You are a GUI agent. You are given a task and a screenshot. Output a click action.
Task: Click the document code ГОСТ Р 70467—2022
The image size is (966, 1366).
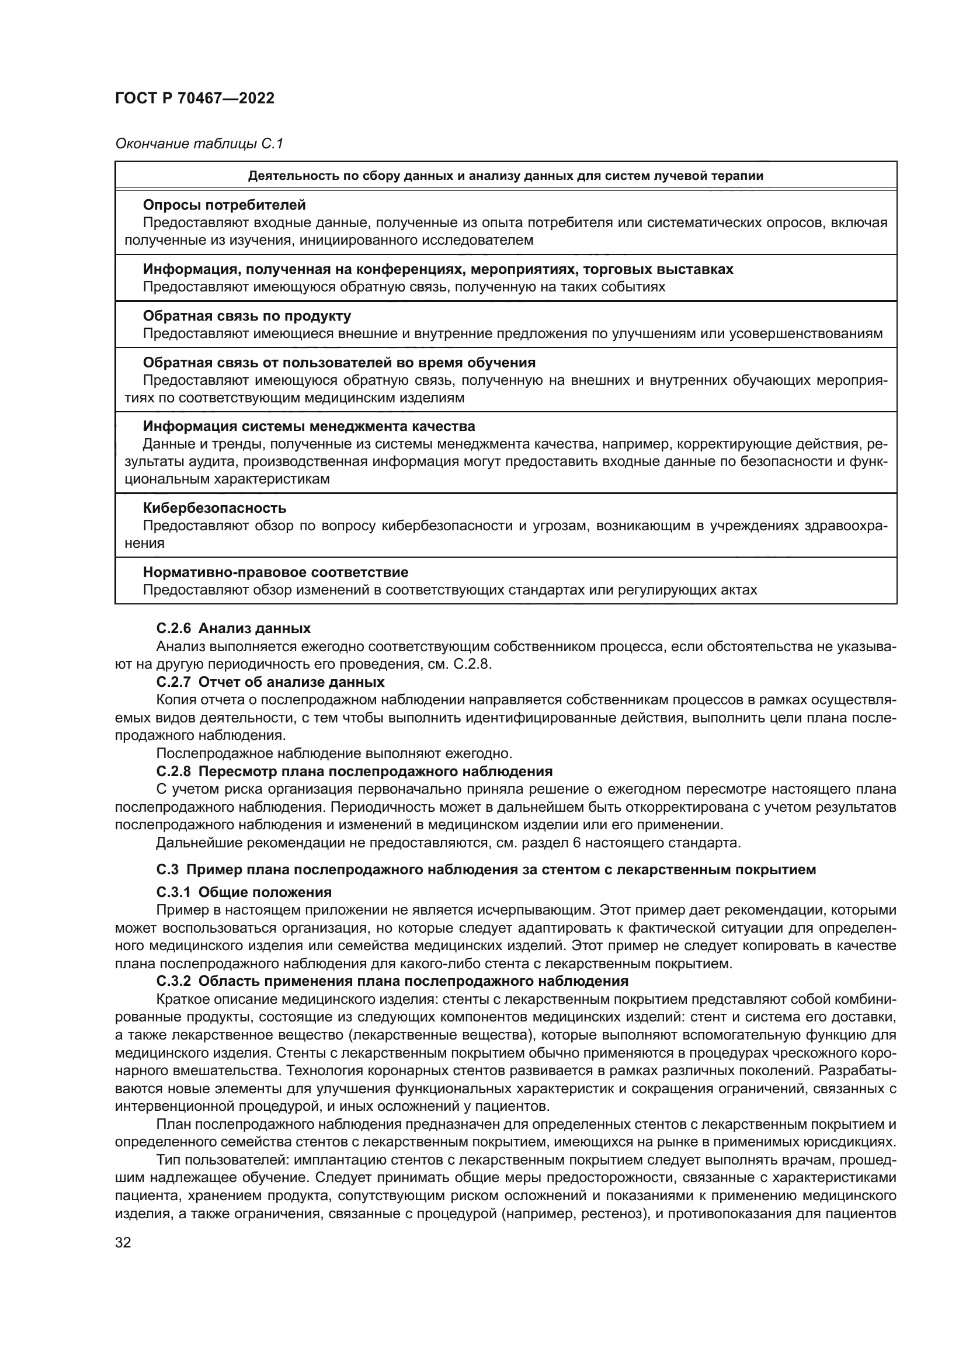(194, 98)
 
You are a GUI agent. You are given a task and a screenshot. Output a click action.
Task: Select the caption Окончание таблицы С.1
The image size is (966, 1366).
(199, 144)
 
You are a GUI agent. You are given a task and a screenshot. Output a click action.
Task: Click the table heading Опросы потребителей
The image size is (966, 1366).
(224, 204)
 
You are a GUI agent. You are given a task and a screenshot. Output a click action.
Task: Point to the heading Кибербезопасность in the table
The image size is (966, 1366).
(215, 508)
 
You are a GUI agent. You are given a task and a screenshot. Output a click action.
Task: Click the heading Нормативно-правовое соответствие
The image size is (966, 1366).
(276, 572)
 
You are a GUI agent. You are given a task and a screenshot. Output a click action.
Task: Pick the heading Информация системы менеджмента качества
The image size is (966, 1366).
(309, 426)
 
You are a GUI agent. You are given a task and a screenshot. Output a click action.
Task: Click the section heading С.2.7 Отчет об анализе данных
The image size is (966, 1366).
(270, 682)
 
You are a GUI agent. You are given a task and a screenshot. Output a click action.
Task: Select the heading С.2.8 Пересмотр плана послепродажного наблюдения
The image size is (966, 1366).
(355, 771)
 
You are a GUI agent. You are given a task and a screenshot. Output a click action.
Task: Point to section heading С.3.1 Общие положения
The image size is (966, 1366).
(244, 892)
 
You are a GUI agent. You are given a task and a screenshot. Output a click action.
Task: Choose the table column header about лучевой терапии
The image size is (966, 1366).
(506, 176)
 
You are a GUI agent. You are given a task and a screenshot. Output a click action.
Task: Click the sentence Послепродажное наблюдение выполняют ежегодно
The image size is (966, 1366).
(333, 754)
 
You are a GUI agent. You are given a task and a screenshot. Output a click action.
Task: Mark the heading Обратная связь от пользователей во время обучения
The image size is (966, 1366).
(339, 362)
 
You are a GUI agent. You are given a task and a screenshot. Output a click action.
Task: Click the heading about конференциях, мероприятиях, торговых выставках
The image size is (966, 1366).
(438, 269)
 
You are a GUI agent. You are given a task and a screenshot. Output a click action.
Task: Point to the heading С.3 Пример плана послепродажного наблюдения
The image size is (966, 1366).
(486, 870)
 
